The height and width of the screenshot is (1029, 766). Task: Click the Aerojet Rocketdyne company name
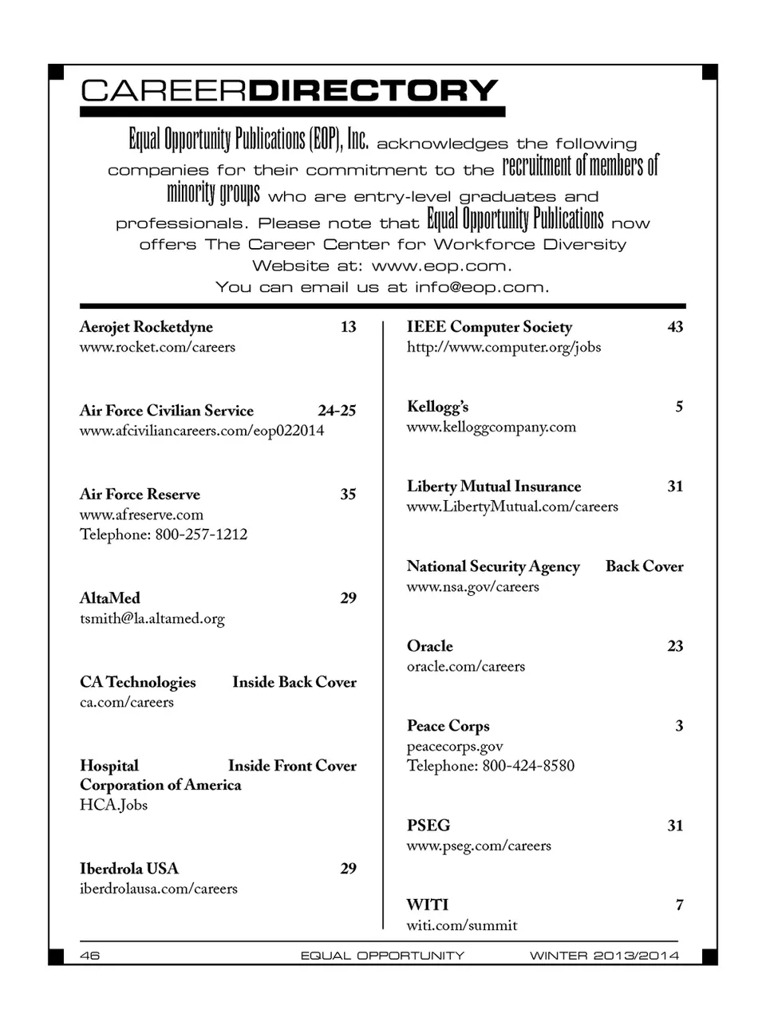146,327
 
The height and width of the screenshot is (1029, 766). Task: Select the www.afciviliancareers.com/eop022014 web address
202,431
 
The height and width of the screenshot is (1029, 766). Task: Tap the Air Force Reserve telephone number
164,534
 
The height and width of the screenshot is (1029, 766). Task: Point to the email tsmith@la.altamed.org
152,619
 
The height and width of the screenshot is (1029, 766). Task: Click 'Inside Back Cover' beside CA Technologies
294,682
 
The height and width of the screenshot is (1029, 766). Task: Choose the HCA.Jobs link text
113,805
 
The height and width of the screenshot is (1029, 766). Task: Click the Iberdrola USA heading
129,869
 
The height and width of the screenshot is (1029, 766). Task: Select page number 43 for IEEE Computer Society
675,327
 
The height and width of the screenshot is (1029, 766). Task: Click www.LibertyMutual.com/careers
512,507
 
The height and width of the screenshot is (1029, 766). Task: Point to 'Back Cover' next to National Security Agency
644,566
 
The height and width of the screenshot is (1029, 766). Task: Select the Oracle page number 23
675,646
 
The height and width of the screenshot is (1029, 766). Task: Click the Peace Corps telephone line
491,766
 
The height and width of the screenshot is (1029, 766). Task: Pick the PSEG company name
428,826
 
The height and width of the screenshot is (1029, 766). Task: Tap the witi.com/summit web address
462,925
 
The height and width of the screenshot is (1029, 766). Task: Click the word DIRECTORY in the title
373,91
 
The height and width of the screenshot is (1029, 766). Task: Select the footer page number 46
90,956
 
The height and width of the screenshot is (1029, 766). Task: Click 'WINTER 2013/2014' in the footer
604,956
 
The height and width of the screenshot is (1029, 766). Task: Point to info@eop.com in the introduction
480,287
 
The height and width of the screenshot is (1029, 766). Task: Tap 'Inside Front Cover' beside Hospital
292,766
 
